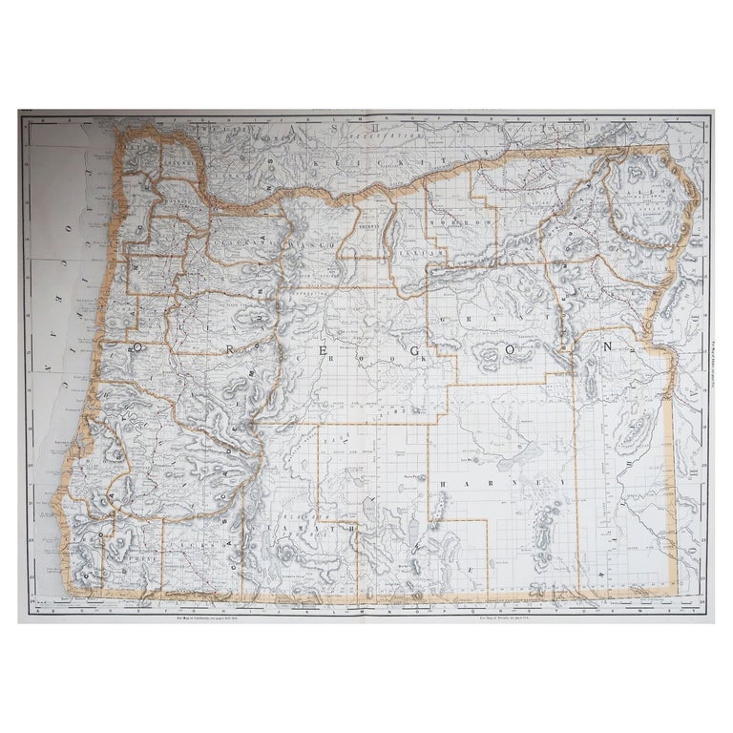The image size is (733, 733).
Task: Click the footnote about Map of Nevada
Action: tap(508, 625)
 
